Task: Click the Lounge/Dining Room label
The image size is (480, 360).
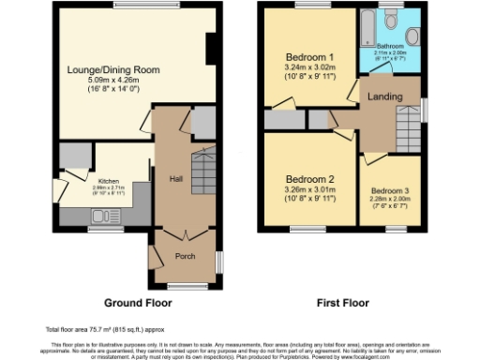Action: [113, 69]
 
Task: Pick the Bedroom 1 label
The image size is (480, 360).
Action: [308, 57]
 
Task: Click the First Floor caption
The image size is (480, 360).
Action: [340, 303]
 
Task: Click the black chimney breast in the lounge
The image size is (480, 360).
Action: [210, 51]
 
